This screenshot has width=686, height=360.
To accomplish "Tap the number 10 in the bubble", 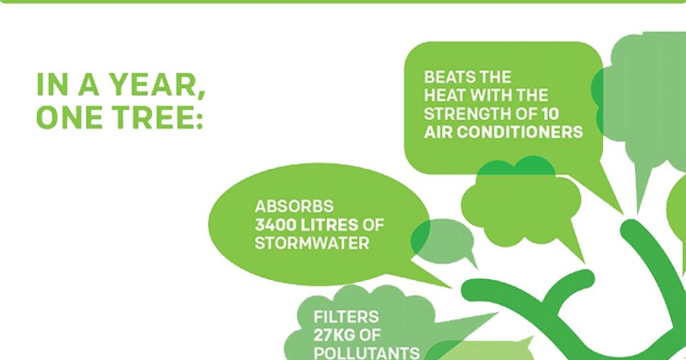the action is (x=550, y=114).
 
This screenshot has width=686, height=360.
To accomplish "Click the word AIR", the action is (x=438, y=132).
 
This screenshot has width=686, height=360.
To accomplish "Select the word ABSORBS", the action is (x=294, y=206).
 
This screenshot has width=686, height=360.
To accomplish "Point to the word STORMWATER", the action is (x=312, y=243).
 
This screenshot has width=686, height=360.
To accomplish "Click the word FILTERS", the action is (x=346, y=316).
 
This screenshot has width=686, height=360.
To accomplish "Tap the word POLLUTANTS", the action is (x=367, y=353).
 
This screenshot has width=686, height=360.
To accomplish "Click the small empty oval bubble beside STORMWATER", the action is (x=442, y=241).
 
